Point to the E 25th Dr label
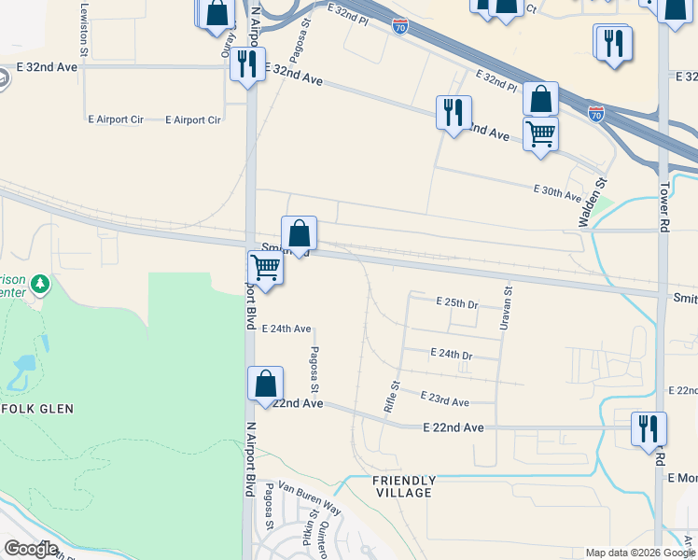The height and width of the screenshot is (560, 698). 457,303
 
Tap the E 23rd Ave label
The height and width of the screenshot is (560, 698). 444,400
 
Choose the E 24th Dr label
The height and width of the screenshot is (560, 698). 452,356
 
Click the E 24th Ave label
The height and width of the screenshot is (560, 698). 286,329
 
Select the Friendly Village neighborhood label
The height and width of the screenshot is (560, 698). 403,485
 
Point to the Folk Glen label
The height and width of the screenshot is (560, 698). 37,409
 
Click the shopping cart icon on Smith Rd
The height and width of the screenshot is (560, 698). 266,268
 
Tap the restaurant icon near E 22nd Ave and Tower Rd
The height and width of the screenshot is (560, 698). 648,428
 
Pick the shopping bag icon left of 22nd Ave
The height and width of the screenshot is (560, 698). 266,384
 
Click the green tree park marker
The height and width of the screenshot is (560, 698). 38,283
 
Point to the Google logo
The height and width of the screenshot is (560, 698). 31,548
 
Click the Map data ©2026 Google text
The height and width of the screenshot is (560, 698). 638,553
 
